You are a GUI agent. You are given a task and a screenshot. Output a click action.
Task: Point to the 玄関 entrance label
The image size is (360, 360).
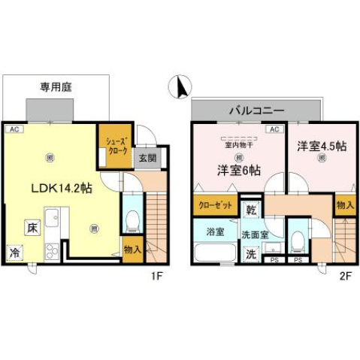click(147, 158)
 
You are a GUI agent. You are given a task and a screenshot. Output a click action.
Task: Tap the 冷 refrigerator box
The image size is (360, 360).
click(15, 253)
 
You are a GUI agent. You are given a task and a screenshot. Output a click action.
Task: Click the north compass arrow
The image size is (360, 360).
click(180, 88)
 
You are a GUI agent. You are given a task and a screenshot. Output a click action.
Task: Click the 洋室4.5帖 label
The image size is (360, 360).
click(321, 145)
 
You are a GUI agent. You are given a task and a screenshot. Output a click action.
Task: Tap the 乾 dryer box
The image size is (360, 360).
click(251, 206)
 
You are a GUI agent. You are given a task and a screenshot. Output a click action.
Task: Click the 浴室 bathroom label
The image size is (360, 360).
click(215, 231)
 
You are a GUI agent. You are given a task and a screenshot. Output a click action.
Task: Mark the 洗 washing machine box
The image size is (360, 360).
click(251, 254)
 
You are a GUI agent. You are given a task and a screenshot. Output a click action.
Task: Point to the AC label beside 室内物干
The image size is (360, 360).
click(274, 129)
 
